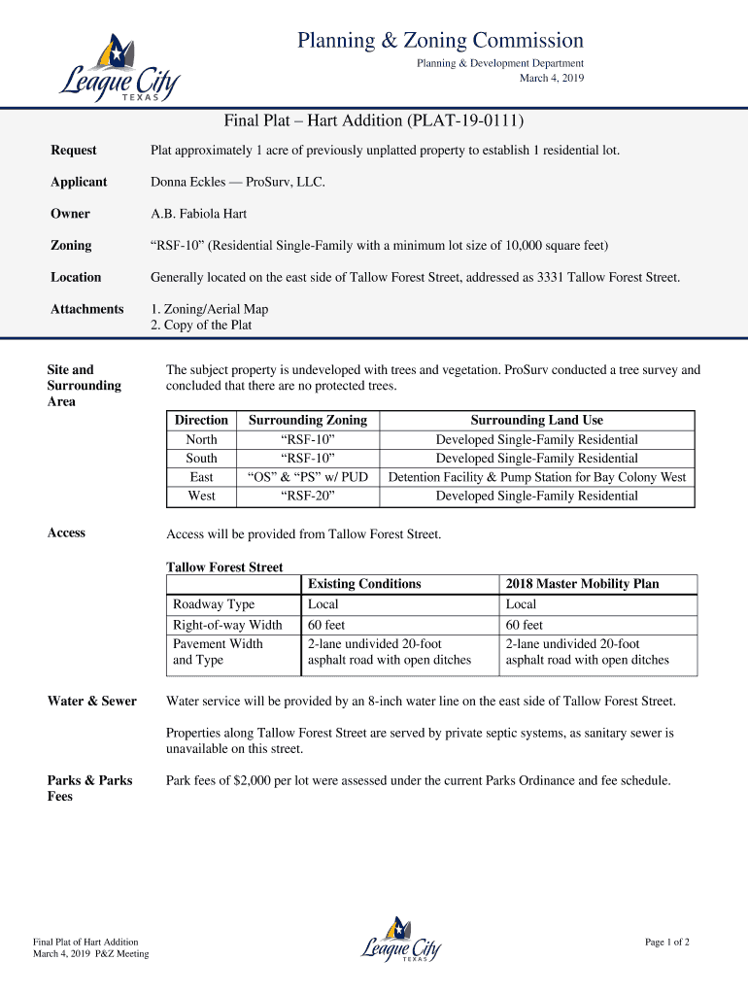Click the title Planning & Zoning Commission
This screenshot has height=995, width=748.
pyautogui.click(x=440, y=41)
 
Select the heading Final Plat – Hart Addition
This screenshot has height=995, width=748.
pyautogui.click(x=374, y=121)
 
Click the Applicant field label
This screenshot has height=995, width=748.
pyautogui.click(x=79, y=182)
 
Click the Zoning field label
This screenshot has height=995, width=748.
pyautogui.click(x=71, y=246)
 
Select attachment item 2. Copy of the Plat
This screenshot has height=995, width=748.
pyautogui.click(x=201, y=326)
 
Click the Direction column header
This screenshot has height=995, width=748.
pyautogui.click(x=201, y=421)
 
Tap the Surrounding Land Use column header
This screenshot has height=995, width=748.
pyautogui.click(x=536, y=421)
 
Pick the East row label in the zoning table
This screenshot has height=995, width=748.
pyautogui.click(x=201, y=477)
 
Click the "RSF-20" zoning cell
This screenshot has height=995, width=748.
pyautogui.click(x=308, y=497)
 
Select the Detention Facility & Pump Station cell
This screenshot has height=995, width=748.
pyautogui.click(x=536, y=477)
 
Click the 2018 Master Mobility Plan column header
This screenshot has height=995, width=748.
pyautogui.click(x=582, y=584)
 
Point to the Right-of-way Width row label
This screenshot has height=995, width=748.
pyautogui.click(x=227, y=625)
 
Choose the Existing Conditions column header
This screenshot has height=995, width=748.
pyautogui.click(x=364, y=584)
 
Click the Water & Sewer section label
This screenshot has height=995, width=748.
pyautogui.click(x=92, y=702)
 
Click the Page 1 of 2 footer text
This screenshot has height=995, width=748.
pyautogui.click(x=667, y=942)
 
